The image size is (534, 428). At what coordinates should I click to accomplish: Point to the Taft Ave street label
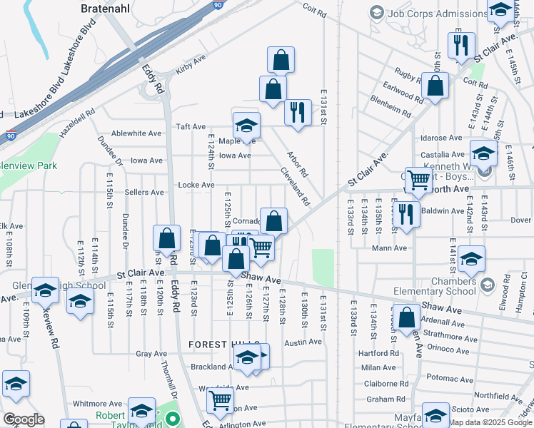[x=191, y=126]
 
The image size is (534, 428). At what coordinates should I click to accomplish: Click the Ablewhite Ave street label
[x=136, y=133]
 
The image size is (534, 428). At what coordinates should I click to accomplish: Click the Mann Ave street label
[x=389, y=248]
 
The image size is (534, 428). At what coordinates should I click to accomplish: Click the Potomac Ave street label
[x=446, y=377]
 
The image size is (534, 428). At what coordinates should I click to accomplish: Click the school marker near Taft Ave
[x=246, y=126]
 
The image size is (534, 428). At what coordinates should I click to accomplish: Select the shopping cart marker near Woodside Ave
[x=221, y=401]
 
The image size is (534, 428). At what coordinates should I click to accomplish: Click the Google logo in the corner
[x=23, y=419]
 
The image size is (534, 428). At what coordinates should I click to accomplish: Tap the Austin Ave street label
[x=303, y=342]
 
